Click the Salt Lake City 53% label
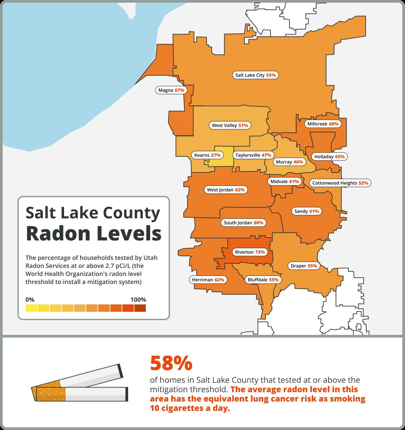click(x=255, y=75)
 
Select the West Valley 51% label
click(x=230, y=126)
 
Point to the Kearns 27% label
click(x=207, y=155)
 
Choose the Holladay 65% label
click(x=329, y=156)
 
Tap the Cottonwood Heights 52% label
click(x=340, y=183)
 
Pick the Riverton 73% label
click(x=250, y=252)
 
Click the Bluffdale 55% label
click(x=263, y=280)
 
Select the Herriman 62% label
click(x=208, y=280)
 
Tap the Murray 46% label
click(x=289, y=162)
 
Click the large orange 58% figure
click(x=171, y=363)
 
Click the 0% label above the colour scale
click(x=30, y=300)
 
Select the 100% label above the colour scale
click(x=138, y=300)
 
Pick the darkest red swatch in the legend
click(x=140, y=308)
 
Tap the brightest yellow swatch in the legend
click(x=32, y=308)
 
